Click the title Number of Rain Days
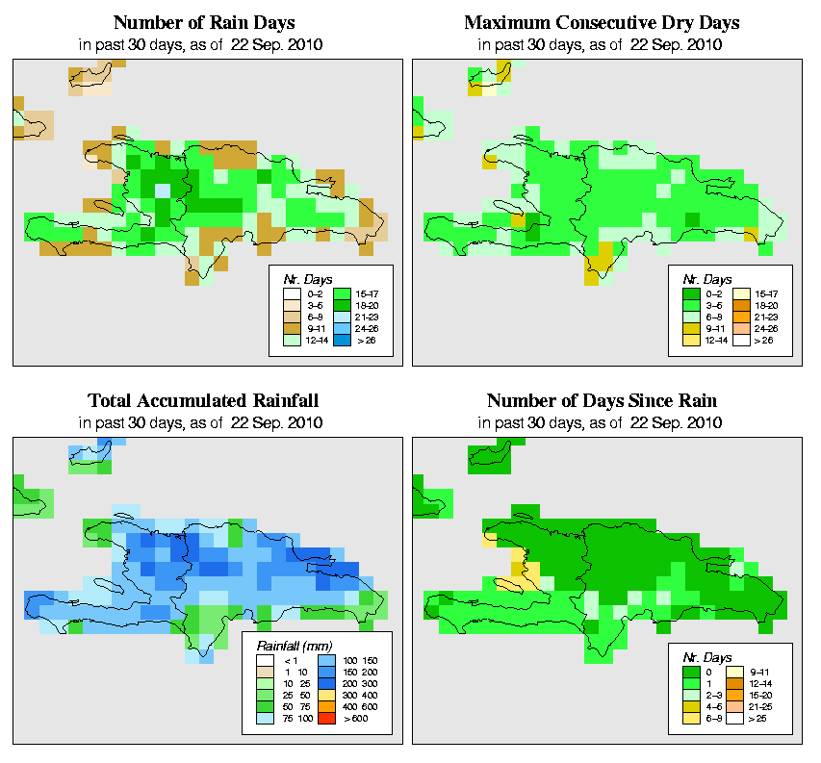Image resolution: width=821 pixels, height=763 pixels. tap(204, 22)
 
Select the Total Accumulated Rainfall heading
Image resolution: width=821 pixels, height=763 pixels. tap(204, 400)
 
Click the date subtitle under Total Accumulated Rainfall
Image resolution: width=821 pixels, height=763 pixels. tap(204, 423)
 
